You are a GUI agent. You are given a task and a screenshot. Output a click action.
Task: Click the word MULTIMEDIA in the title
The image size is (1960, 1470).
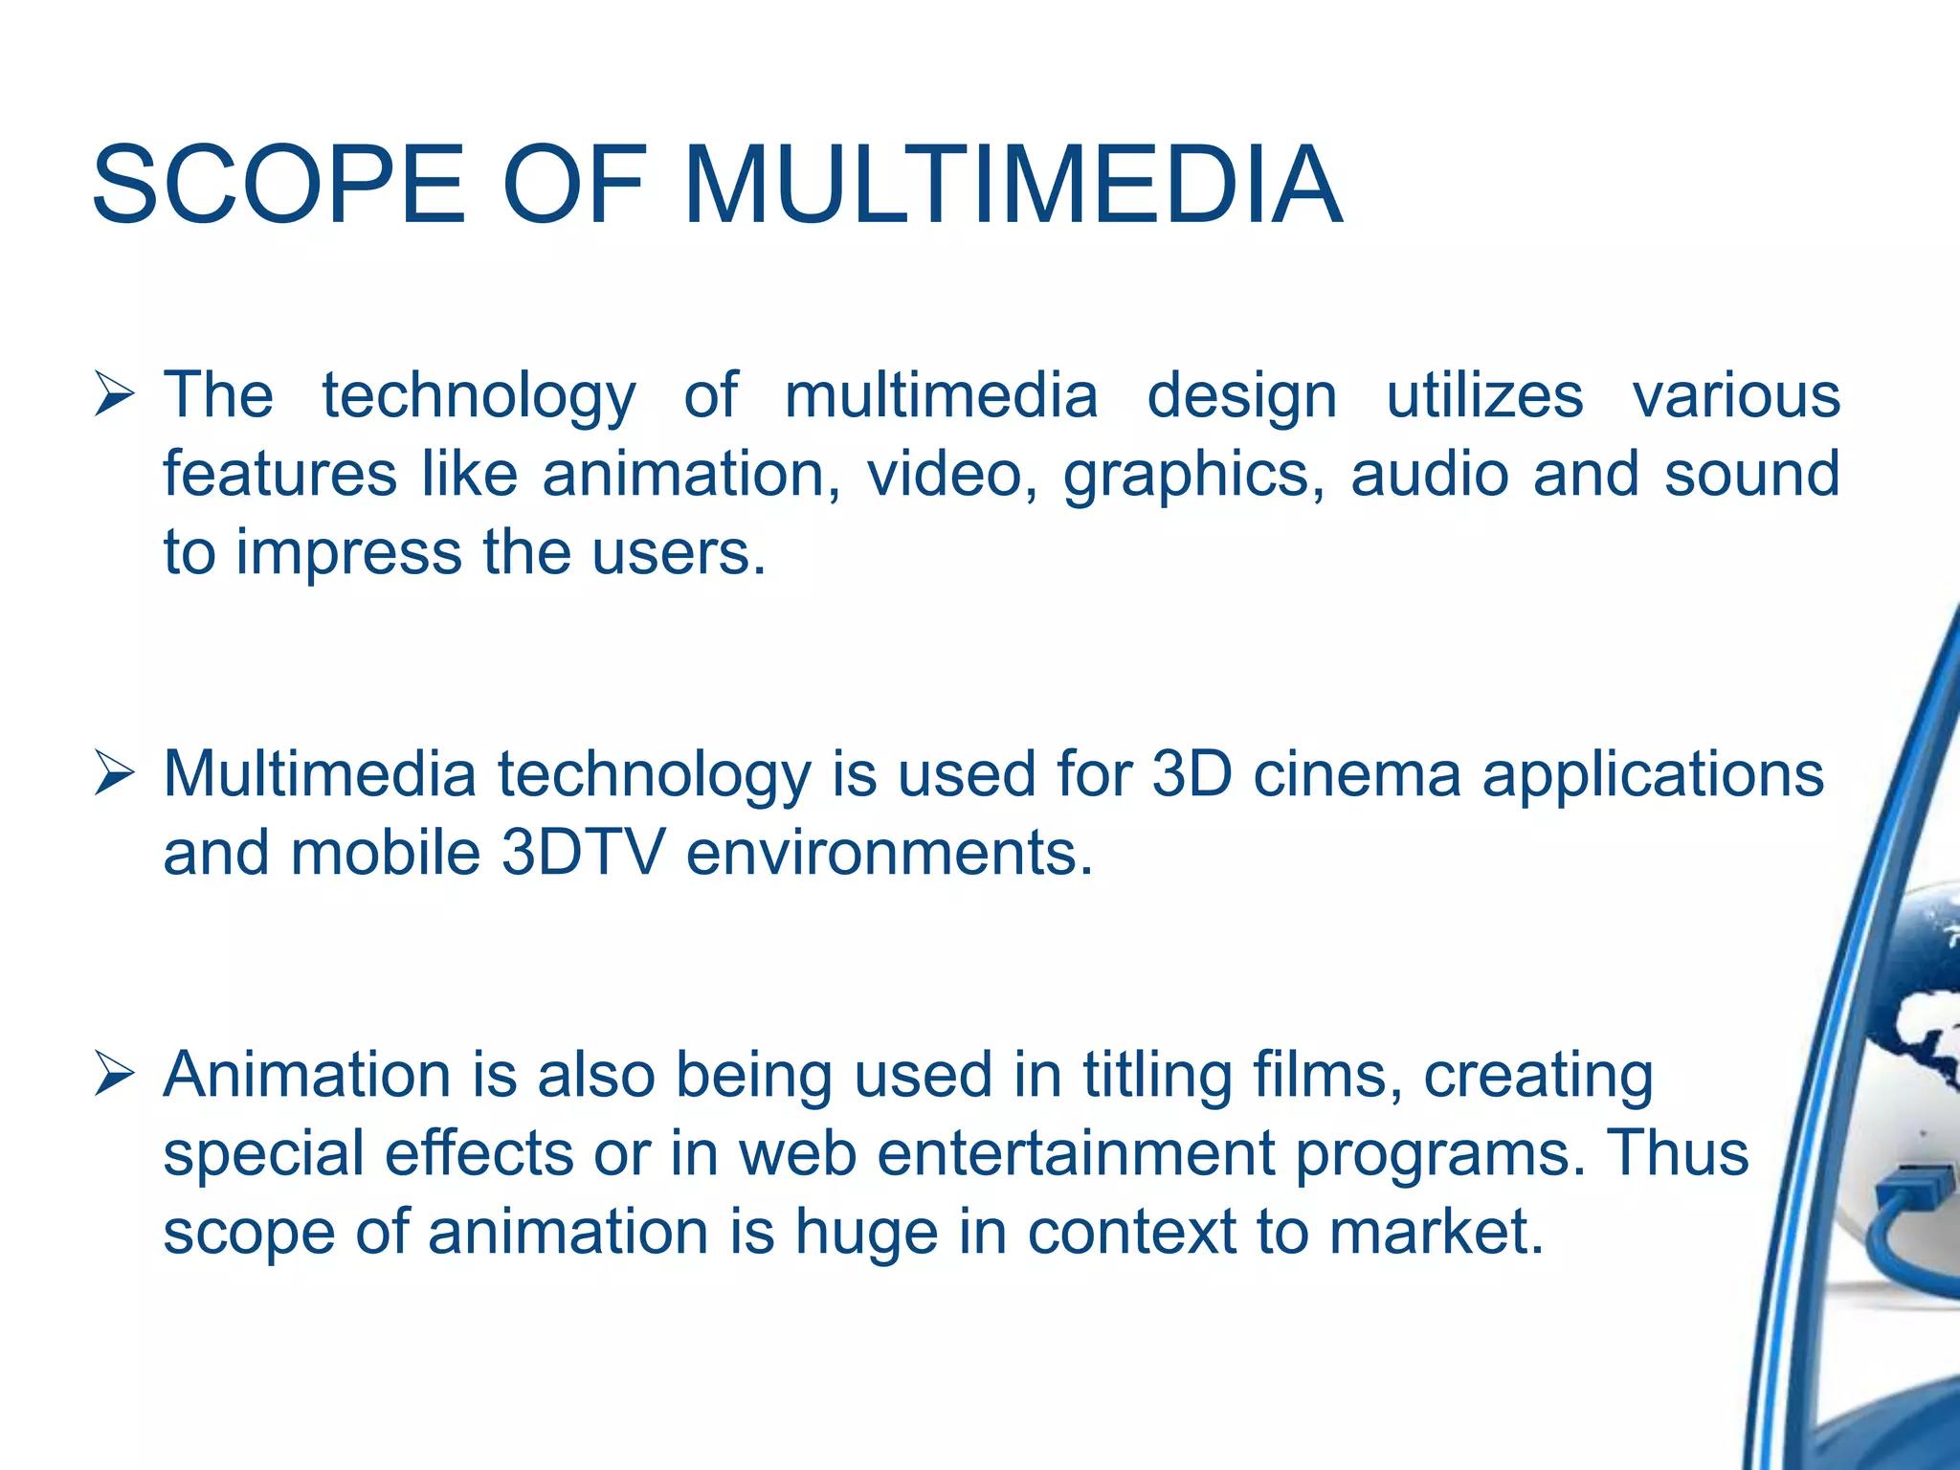[1013, 185]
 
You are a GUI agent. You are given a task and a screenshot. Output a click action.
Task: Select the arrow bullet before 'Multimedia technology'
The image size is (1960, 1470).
[114, 774]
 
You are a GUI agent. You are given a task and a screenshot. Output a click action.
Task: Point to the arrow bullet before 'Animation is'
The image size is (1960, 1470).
[114, 1075]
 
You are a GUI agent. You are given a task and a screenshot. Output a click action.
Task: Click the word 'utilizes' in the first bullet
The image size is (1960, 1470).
[1484, 396]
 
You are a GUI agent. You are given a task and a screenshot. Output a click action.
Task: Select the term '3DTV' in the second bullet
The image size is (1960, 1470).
[582, 853]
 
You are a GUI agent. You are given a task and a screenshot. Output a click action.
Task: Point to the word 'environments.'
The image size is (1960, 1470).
[889, 853]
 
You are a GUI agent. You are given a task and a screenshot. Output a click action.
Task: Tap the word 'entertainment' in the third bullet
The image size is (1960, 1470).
[1076, 1153]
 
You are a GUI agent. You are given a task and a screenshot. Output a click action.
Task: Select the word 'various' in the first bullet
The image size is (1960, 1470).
[1736, 396]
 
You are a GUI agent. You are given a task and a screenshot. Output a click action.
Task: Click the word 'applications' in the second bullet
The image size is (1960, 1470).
[1653, 776]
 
